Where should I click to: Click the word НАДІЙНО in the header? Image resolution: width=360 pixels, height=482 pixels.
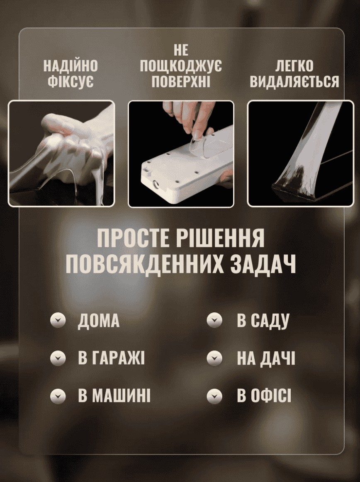(71, 66)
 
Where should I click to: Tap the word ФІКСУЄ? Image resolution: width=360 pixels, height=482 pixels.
(71, 81)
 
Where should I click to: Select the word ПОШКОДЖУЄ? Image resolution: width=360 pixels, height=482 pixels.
(181, 66)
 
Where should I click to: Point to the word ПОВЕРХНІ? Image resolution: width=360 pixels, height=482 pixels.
(181, 81)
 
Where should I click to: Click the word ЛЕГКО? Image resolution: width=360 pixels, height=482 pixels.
(294, 66)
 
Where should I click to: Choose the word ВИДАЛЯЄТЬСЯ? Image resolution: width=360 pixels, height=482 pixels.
(294, 81)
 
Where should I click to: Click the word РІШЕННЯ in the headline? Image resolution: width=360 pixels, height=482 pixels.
(220, 238)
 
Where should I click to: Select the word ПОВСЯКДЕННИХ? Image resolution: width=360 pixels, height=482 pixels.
(145, 264)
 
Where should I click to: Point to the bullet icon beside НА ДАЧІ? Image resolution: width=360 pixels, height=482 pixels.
(214, 358)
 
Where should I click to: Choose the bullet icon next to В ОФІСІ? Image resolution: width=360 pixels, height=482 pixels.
(214, 395)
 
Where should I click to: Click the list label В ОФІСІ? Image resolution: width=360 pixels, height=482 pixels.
(264, 395)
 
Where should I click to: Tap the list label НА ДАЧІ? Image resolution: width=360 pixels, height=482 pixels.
(266, 358)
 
